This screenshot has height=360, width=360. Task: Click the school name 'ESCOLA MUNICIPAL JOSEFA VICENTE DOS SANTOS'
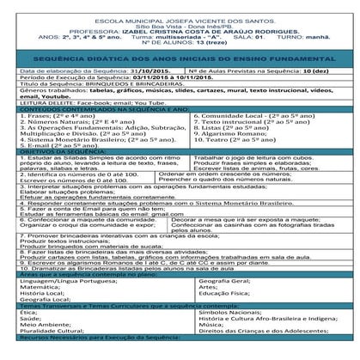pyautogui.click(x=180, y=19)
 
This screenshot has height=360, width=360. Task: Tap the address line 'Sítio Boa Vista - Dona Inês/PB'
pyautogui.click(x=180, y=27)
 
